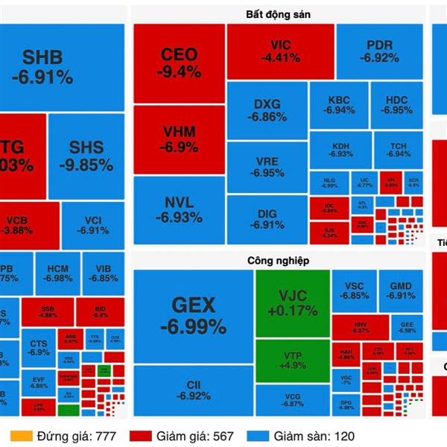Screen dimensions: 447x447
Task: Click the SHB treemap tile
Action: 42,67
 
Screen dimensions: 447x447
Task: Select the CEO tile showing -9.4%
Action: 179,63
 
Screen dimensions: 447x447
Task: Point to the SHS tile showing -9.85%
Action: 86,155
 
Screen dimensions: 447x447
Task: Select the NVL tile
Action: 179,209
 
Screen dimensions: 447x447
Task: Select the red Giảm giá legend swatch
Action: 141,436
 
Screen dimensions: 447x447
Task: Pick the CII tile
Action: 193,388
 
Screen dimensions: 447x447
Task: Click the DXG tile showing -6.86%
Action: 267,110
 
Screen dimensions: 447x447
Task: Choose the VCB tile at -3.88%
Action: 30,226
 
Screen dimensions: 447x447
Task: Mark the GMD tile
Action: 401,290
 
